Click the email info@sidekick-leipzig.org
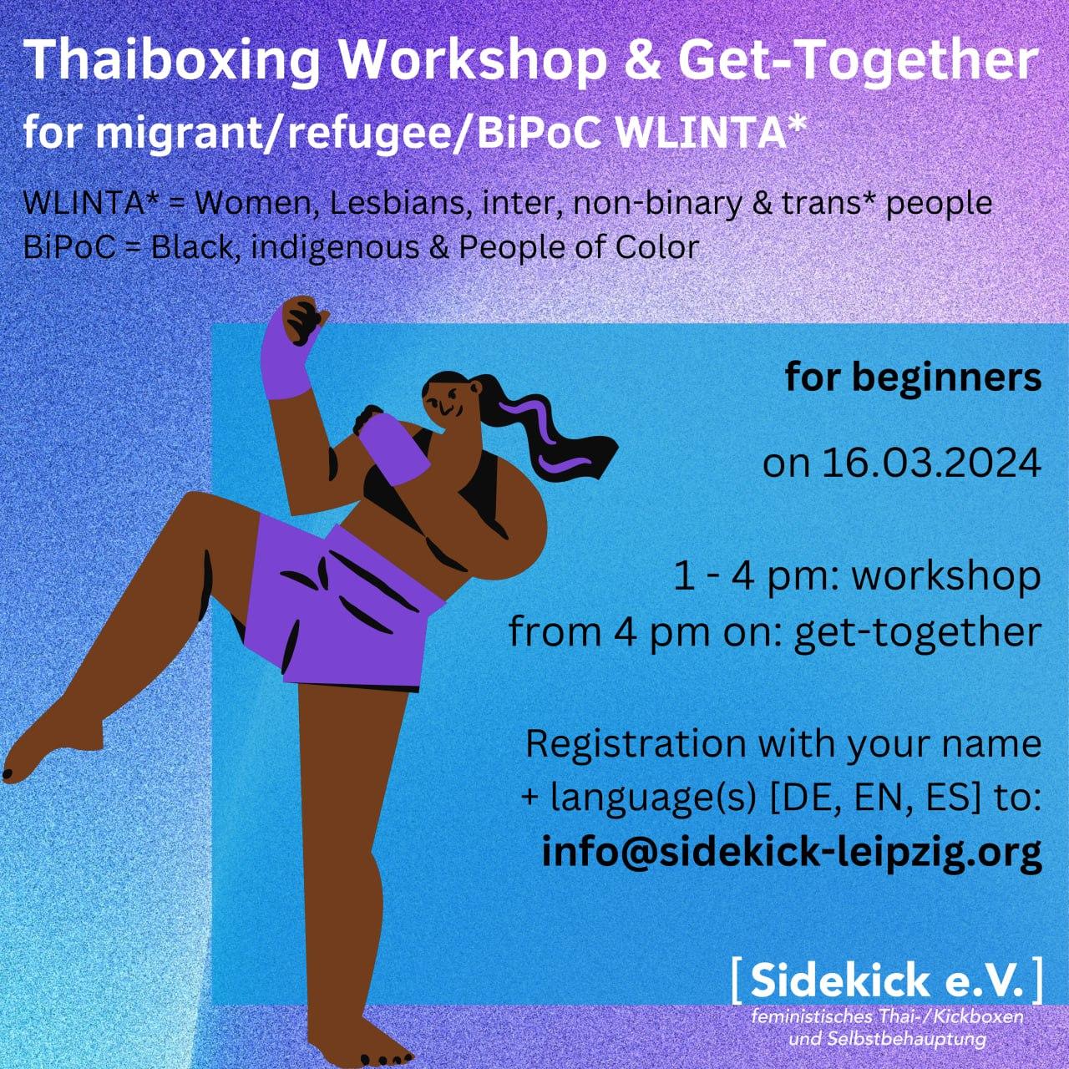point(792,854)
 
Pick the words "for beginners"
point(913,379)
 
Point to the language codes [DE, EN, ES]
point(870,799)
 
